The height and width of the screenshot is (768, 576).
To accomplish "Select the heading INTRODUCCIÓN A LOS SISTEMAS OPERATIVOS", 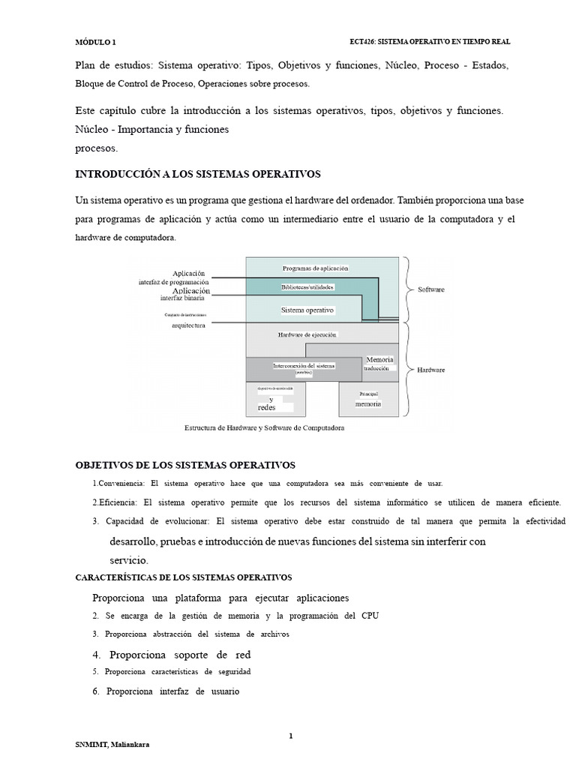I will coord(198,174).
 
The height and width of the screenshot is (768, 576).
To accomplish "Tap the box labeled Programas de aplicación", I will coord(315,268).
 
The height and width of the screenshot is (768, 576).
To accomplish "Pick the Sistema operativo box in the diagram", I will coord(307,310).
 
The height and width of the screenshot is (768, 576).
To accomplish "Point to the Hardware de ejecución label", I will coord(307,334).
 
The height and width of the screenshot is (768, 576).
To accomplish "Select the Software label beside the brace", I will coord(431,289).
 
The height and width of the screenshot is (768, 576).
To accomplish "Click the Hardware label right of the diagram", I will coord(431,370).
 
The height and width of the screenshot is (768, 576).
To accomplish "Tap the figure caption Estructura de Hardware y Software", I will coord(264,428).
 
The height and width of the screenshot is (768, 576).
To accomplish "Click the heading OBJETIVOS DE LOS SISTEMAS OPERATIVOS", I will coord(186,465).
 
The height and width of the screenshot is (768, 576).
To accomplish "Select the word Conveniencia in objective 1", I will coord(120,483).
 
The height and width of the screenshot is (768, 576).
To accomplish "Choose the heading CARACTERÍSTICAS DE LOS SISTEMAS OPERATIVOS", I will coord(184,577).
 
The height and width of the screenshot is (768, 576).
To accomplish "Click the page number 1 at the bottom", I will coord(290,736).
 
